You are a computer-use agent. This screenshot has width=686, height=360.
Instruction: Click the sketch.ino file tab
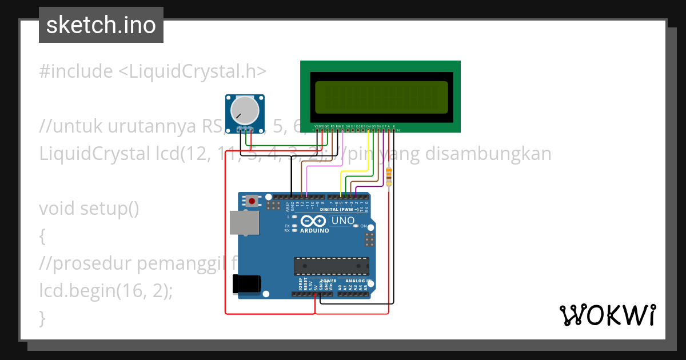coord(101,25)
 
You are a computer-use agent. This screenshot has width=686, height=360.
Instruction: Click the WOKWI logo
coord(607,315)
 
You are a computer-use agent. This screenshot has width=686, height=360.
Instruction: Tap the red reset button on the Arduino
coord(252,201)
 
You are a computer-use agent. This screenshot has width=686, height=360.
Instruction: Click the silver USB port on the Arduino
coord(244,222)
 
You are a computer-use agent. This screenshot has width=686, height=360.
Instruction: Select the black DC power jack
coord(246,285)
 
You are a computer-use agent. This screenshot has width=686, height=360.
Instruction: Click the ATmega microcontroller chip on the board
coord(331,266)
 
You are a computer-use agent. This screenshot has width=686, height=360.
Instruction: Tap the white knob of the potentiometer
coord(244,112)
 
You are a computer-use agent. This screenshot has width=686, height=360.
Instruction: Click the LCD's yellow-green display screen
coord(381,97)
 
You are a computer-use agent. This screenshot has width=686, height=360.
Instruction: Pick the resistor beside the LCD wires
coord(389,176)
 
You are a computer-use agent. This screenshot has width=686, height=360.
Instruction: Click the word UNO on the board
coord(343,221)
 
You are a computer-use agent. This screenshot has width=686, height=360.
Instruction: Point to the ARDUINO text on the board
coord(314,231)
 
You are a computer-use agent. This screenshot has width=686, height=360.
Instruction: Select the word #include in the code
coord(76,71)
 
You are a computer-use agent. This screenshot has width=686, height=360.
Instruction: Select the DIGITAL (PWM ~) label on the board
coord(339,210)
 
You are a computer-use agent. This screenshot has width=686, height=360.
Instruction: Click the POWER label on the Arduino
coord(328,281)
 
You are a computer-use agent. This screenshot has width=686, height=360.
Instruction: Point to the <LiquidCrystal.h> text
coord(192,71)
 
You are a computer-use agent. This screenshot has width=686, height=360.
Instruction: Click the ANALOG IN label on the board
coord(359,281)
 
